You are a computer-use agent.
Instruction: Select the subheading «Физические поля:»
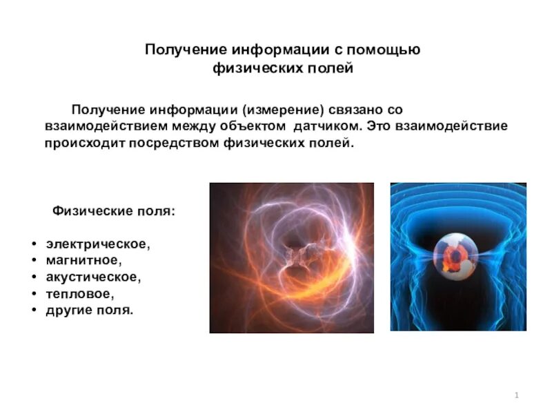click(x=114, y=211)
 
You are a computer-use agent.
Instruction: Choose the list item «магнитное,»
click(x=84, y=261)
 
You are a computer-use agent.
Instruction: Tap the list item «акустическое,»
click(x=94, y=277)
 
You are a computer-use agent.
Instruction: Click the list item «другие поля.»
click(x=90, y=310)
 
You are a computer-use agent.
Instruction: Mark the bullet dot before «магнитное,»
click(x=34, y=262)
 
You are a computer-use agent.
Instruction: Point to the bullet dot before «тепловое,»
click(x=34, y=295)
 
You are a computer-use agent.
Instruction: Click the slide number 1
click(x=516, y=395)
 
